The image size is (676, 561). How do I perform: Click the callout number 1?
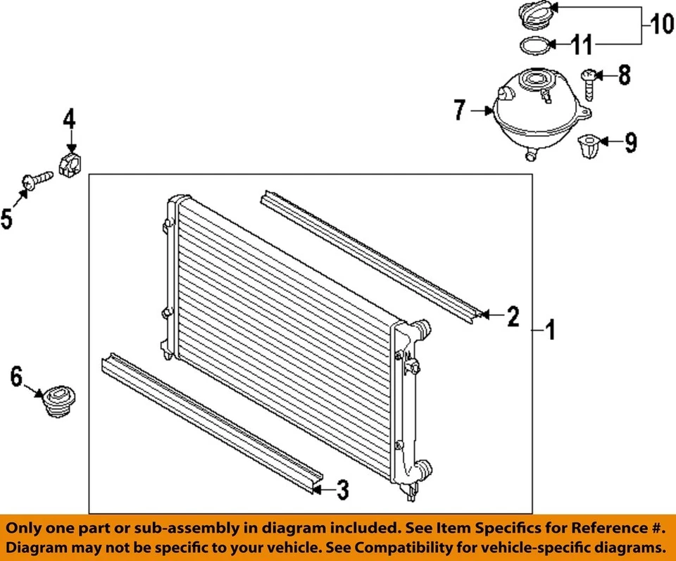551,329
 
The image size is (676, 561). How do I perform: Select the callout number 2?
513,317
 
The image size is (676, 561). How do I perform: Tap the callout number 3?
342,490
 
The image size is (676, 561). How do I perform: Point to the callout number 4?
69,120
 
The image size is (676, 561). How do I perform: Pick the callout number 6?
16,378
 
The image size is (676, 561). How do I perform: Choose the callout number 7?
460,111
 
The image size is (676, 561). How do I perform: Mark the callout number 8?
624,75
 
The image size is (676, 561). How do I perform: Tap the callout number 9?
630,144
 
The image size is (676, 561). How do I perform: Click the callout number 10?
661,25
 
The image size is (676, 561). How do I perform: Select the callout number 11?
582,46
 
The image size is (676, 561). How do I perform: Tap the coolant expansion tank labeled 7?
535,113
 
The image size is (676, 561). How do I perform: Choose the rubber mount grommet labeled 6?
58,401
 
